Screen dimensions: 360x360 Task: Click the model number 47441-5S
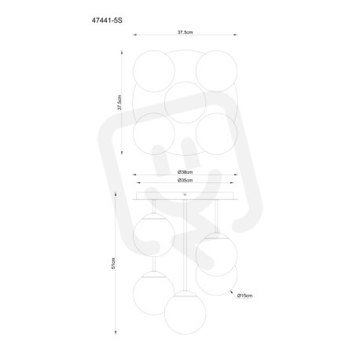pos(107,20)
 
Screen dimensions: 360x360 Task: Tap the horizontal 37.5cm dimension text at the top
pos(186,32)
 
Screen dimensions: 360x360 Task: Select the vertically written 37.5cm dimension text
pos(119,102)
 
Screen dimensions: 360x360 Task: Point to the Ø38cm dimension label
pos(186,172)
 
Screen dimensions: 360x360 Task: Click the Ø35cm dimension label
pos(186,180)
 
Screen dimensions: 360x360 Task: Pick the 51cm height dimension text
pos(113,263)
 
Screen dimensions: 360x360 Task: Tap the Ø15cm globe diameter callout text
pos(245,296)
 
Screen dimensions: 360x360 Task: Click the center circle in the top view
pos(185,102)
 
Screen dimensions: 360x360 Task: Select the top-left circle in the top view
pos(154,71)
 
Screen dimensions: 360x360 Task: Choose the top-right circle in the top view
pos(216,71)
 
